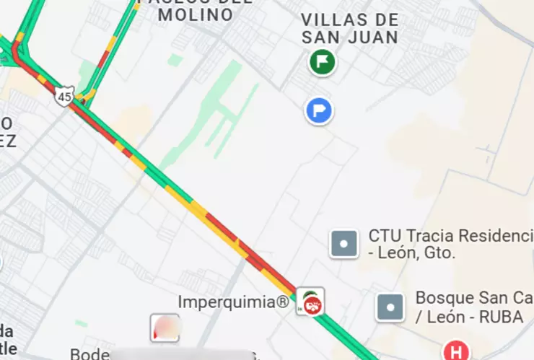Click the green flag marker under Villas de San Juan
(323, 62)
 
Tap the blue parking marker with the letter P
(318, 111)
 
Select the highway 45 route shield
(65, 96)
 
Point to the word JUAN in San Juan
(373, 37)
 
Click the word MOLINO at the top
(196, 14)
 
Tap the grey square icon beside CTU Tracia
(344, 244)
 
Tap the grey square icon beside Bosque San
(390, 307)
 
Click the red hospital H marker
(455, 352)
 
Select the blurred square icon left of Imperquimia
(165, 328)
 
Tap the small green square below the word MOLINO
(175, 61)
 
